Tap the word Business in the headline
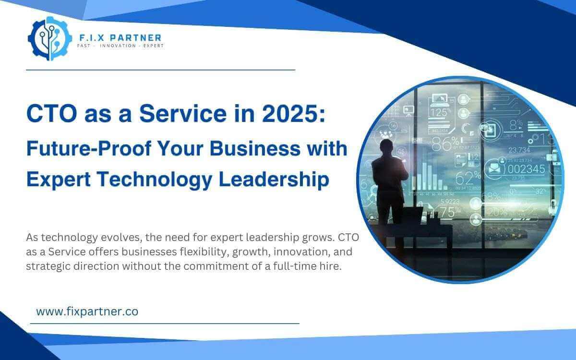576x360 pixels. click(x=248, y=149)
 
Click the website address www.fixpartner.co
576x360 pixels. click(x=87, y=311)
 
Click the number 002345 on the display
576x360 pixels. click(x=526, y=168)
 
